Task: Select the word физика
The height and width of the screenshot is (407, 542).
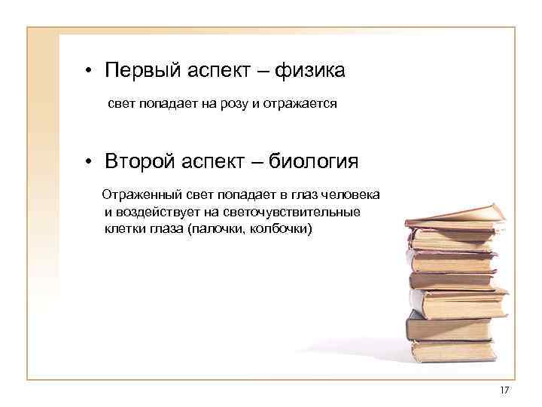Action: [310, 72]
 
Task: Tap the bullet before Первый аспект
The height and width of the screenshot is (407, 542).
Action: [88, 73]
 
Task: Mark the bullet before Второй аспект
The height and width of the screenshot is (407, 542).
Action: [88, 162]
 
